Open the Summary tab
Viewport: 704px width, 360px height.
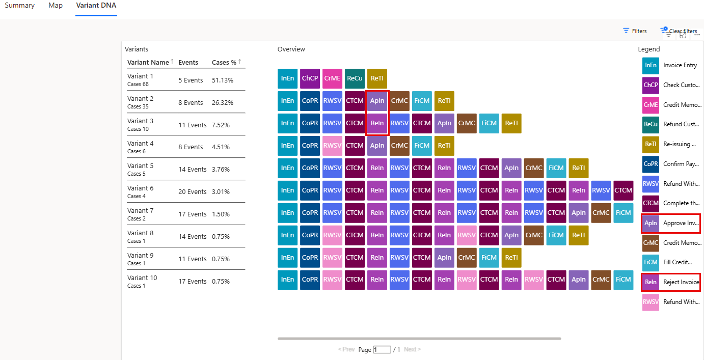click(19, 6)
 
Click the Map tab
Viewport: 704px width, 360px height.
click(56, 6)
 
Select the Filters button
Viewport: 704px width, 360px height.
click(635, 31)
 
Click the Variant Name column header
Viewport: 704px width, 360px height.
click(148, 62)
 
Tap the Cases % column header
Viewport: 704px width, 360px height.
click(224, 62)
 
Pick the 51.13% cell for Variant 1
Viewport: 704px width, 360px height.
click(223, 80)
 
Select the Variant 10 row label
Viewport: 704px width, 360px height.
click(142, 278)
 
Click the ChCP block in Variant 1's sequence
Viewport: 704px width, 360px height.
click(310, 78)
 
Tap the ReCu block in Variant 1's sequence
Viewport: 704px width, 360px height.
click(355, 78)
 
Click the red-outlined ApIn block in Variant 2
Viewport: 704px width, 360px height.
click(377, 101)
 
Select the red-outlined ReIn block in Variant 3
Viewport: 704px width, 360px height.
click(377, 123)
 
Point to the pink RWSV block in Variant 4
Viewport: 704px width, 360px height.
click(332, 146)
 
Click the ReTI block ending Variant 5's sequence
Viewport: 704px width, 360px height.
click(579, 168)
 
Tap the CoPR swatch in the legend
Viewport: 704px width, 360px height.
click(651, 164)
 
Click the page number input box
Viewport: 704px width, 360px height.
click(382, 350)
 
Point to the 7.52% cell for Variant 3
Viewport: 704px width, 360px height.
click(221, 125)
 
